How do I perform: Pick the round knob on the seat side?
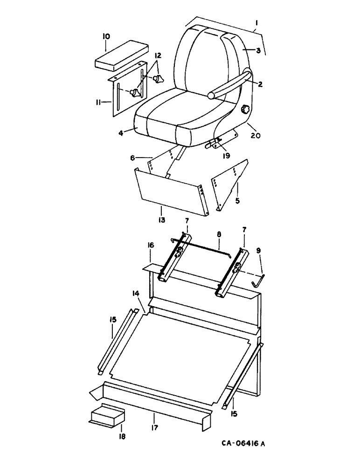pos(245,110)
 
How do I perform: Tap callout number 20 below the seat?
pos(256,136)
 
